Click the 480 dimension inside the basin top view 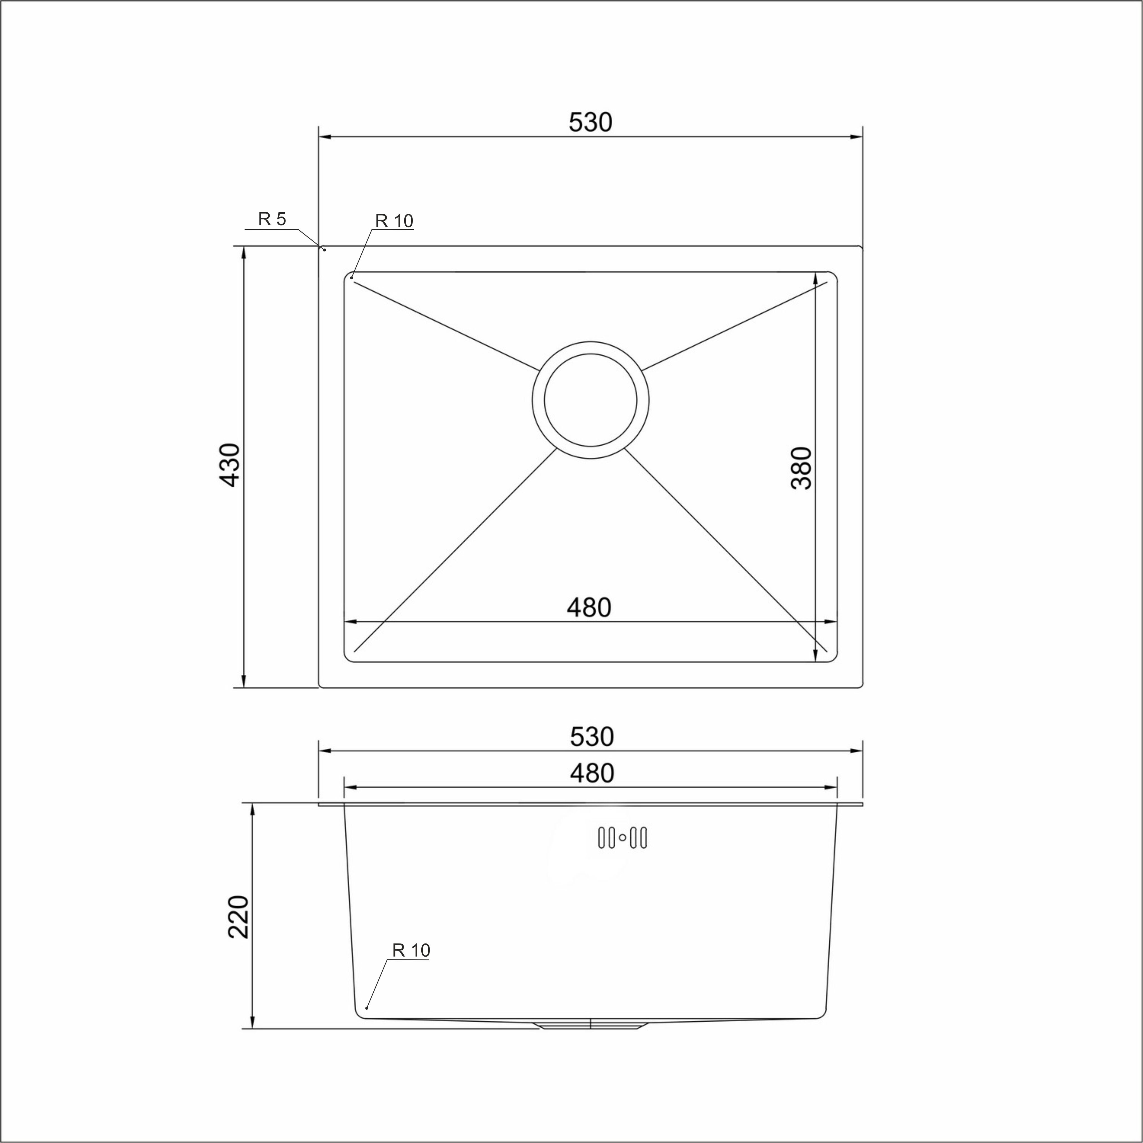(589, 607)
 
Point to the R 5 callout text (272, 220)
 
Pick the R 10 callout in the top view (394, 221)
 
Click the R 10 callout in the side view (411, 950)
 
